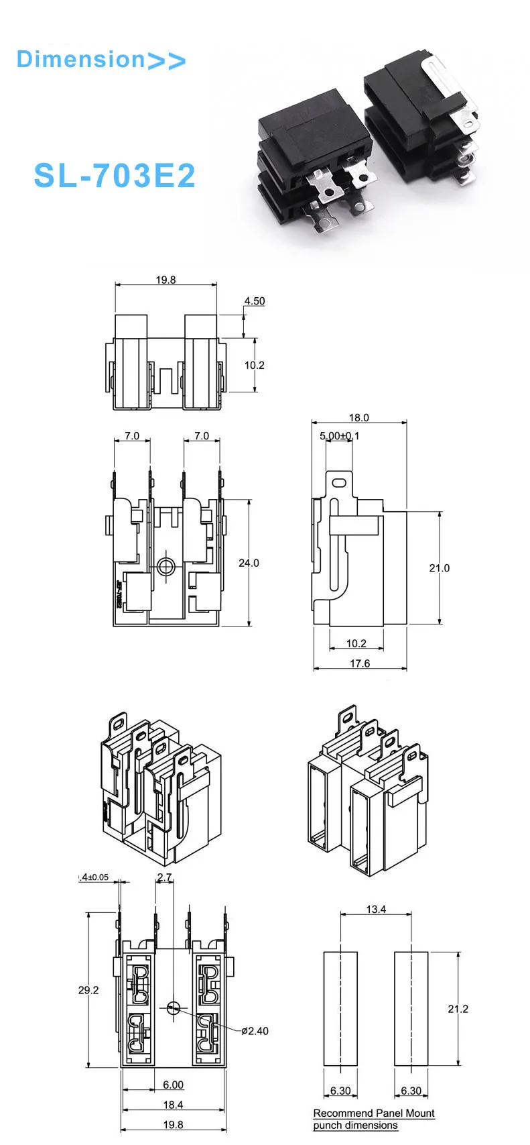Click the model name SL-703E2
click(x=115, y=176)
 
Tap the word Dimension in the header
click(x=80, y=59)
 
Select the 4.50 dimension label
click(x=254, y=301)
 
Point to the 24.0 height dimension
click(x=249, y=563)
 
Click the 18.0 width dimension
click(x=358, y=417)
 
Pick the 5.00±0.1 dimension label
click(x=339, y=436)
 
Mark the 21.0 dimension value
click(x=439, y=568)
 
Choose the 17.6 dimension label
click(x=360, y=663)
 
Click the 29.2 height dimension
click(x=88, y=989)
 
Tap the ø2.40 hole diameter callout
click(x=255, y=1031)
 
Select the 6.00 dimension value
click(x=173, y=1085)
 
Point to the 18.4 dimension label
click(x=173, y=1105)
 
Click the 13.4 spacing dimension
click(x=376, y=910)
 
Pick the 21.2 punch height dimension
click(x=458, y=1009)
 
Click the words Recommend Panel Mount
click(x=374, y=1113)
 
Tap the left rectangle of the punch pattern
click(x=340, y=1008)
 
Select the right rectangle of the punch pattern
click(x=411, y=1008)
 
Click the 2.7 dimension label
click(x=164, y=877)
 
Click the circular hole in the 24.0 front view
click(x=165, y=567)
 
